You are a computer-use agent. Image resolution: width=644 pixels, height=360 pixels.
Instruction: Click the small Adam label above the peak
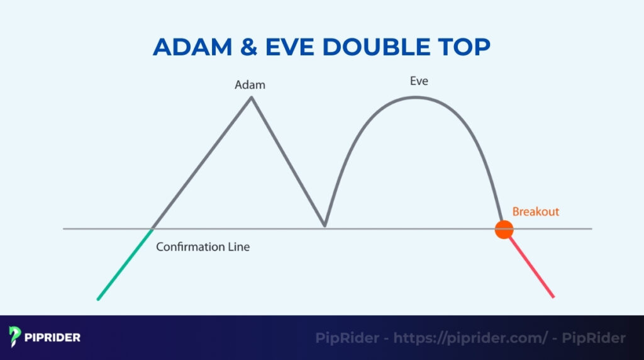click(250, 85)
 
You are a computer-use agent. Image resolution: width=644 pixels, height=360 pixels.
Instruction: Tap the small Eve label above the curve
click(419, 81)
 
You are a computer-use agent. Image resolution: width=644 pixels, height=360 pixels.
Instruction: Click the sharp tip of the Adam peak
click(252, 97)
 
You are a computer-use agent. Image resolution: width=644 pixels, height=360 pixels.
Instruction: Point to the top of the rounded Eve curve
click(414, 97)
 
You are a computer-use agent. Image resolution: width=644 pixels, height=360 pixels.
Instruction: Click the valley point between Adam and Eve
click(325, 225)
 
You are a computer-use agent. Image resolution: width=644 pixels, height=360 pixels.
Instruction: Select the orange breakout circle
click(504, 230)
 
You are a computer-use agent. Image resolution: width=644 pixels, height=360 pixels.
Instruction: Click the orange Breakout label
click(535, 211)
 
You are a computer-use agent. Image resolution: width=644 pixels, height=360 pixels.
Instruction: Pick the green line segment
click(125, 265)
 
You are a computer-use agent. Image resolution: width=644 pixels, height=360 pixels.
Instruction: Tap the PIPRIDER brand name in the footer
click(54, 337)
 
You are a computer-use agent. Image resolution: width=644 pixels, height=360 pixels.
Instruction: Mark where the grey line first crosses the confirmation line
click(153, 228)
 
